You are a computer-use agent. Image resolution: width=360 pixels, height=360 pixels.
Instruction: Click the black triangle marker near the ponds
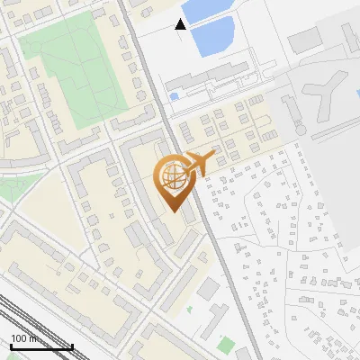coord(181,24)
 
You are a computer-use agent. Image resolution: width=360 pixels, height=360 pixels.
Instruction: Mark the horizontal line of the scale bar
coord(40,346)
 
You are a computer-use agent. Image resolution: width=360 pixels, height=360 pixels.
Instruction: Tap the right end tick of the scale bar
coord(72,345)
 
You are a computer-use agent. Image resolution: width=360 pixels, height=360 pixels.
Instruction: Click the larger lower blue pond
coord(217,34)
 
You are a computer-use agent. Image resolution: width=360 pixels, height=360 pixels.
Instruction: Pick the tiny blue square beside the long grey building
coord(174,95)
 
